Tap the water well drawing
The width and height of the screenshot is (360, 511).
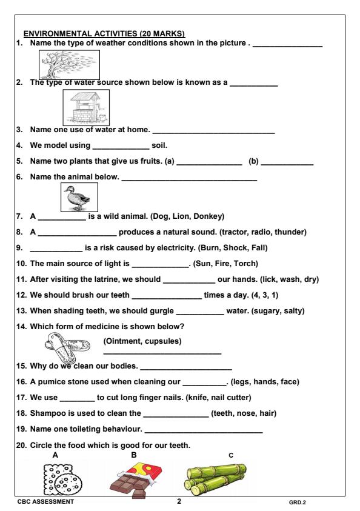point(86,107)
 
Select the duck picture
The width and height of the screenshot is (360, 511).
point(80,196)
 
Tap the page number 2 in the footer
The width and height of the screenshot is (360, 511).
point(179,501)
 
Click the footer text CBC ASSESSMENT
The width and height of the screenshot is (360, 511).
point(47,502)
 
